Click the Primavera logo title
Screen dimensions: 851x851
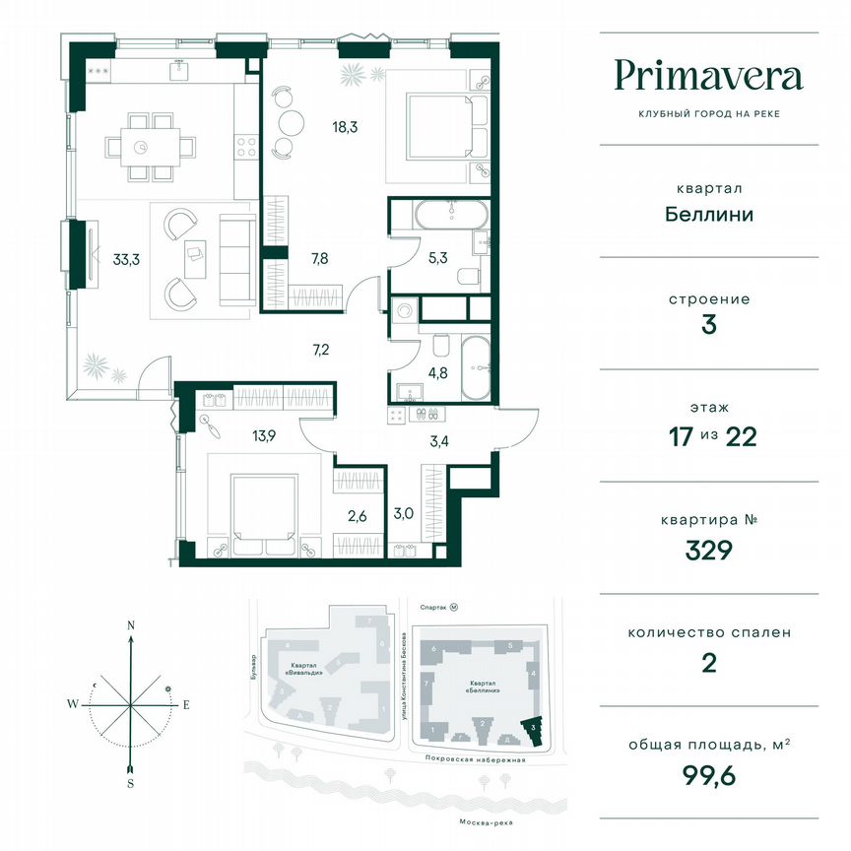click(x=708, y=77)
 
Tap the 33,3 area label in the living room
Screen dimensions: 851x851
click(x=125, y=260)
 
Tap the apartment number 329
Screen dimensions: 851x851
click(x=708, y=550)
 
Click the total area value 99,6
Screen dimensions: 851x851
click(x=708, y=776)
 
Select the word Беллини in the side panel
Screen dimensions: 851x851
click(x=708, y=214)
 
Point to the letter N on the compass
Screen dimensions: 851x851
click(x=130, y=625)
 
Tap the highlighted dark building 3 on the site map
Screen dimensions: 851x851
click(x=533, y=730)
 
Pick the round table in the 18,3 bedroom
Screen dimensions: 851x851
click(x=292, y=122)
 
